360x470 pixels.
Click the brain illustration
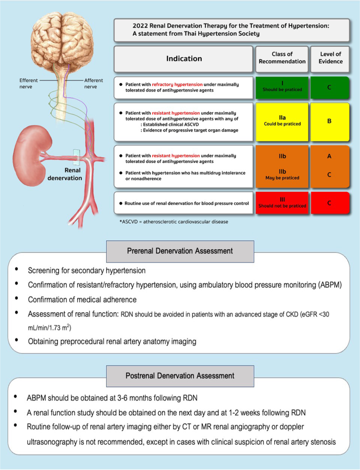coord(62,38)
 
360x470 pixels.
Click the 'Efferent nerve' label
coord(28,84)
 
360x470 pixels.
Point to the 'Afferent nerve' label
coord(94,84)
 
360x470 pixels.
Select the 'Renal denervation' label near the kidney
coord(65,174)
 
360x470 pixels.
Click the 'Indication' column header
coord(184,58)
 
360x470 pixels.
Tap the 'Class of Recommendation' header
coord(282,58)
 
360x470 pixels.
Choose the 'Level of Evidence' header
coord(331,58)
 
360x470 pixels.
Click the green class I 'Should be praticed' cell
coord(282,87)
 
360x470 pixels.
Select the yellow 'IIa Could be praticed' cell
coord(282,121)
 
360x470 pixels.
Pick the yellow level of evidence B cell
coord(330,121)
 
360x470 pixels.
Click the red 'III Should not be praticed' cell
coord(282,203)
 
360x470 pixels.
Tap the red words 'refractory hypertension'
coord(177,85)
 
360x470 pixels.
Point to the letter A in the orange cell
coord(329,156)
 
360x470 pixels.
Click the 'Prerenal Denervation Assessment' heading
coord(180,251)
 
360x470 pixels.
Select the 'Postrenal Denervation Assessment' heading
coord(180,376)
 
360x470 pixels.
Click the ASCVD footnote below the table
coord(174,222)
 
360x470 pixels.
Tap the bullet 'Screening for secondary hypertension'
coord(87,271)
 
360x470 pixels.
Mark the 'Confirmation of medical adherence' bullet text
coord(82,300)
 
